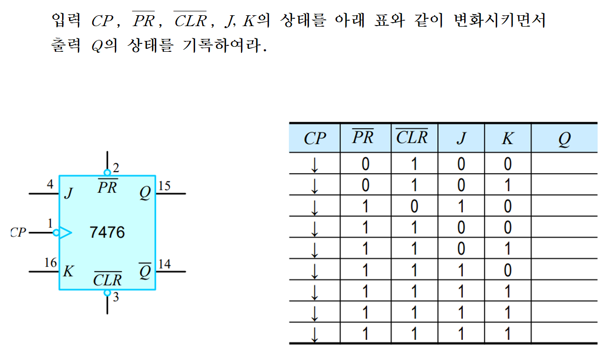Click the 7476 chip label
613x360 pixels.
(107, 232)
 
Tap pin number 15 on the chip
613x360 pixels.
(164, 186)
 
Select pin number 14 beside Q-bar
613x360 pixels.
(164, 264)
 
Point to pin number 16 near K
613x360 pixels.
(51, 263)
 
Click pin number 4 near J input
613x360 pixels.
(50, 185)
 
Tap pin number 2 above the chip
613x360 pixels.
(116, 168)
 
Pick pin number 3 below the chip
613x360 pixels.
(116, 297)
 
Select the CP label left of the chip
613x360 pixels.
(18, 232)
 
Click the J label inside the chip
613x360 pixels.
(68, 193)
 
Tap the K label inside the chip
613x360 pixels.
(68, 271)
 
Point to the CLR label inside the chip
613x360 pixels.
(107, 280)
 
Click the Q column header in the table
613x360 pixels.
(564, 139)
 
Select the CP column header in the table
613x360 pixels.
(315, 139)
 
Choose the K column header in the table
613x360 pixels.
(508, 139)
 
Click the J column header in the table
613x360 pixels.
(461, 139)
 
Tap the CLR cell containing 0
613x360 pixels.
(414, 206)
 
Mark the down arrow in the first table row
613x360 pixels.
(315, 164)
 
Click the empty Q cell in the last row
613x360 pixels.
(564, 334)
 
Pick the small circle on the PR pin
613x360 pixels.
(107, 173)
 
